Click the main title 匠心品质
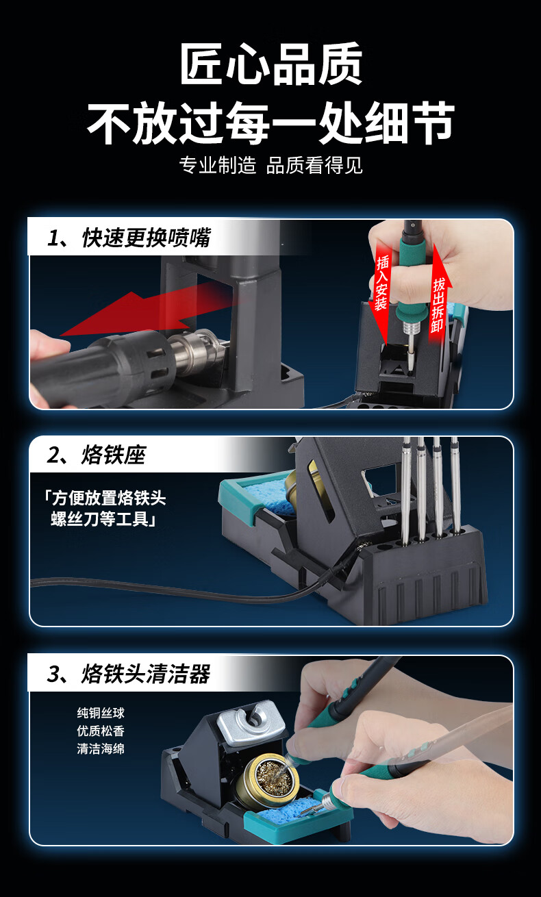(271, 65)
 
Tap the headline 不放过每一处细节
(270, 123)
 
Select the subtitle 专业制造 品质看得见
(270, 165)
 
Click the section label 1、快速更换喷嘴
(129, 238)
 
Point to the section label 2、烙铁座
(97, 455)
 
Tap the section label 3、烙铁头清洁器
(129, 674)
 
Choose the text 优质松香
(101, 731)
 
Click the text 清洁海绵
(101, 748)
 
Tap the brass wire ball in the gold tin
(273, 777)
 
